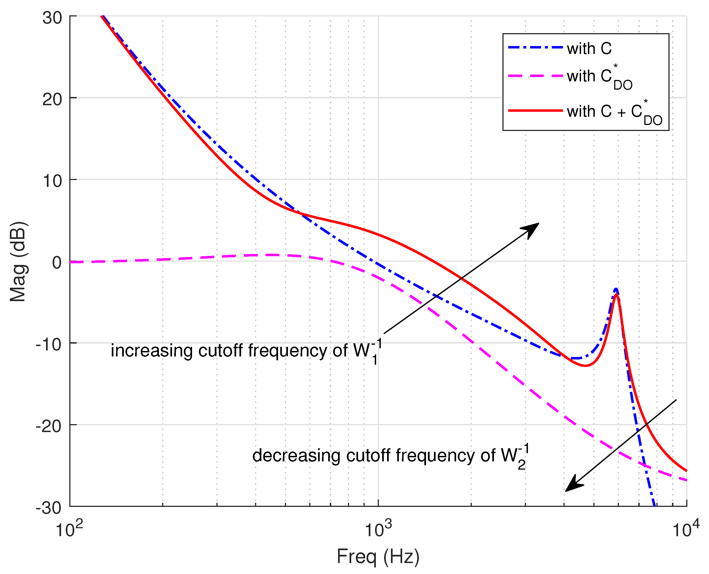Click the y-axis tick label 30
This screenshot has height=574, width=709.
click(x=52, y=18)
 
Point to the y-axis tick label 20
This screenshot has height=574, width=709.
click(x=52, y=99)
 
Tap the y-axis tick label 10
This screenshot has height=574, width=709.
click(x=52, y=181)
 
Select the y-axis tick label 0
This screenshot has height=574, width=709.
click(x=57, y=263)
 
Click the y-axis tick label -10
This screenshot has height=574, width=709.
click(x=49, y=344)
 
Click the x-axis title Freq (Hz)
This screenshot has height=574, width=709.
click(x=378, y=556)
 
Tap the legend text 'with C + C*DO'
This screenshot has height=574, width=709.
click(x=615, y=112)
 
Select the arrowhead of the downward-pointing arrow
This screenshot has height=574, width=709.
click(x=573, y=484)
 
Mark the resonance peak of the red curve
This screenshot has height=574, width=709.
click(x=616, y=294)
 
